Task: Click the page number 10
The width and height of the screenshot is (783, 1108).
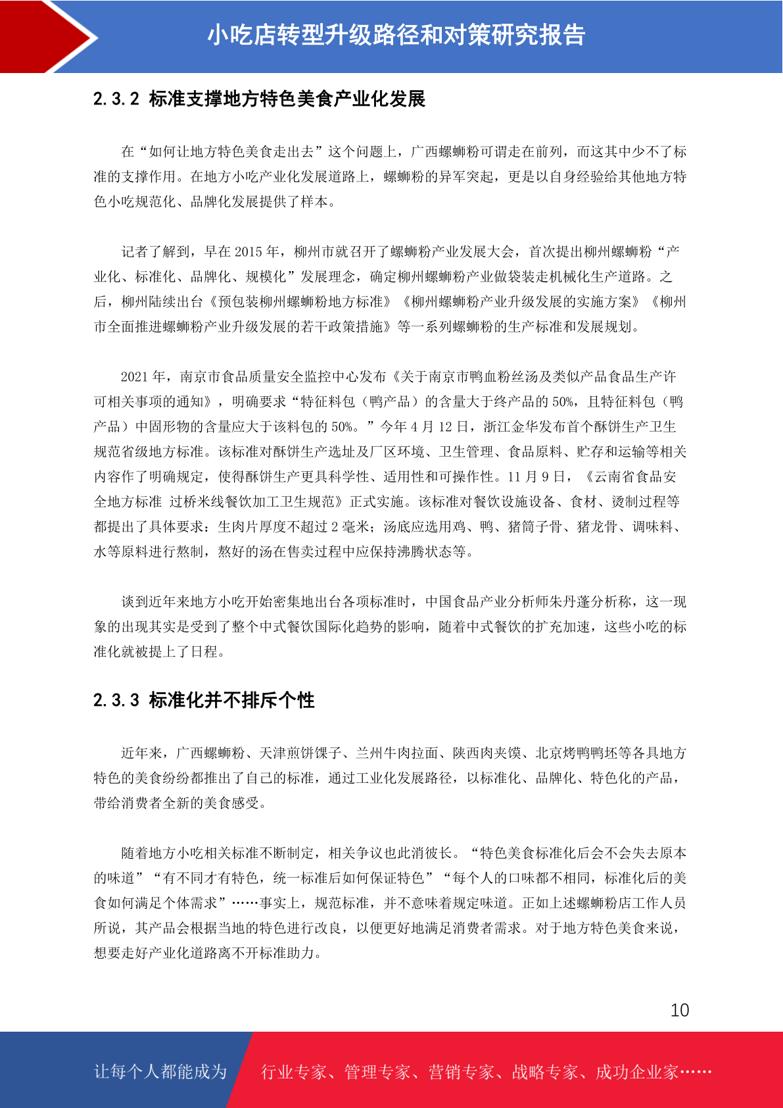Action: (680, 1010)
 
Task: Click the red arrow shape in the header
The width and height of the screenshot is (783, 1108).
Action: (39, 37)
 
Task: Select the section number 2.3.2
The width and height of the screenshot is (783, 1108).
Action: (116, 99)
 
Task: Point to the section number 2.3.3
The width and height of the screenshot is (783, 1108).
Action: (116, 700)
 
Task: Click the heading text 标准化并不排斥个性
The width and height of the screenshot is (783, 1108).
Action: (231, 700)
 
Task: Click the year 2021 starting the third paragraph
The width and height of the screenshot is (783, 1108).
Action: (135, 377)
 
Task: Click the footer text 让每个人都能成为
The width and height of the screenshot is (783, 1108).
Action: (160, 1072)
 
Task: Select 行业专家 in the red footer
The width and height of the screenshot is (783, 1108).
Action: (294, 1072)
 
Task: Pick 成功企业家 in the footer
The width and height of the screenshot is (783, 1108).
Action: (636, 1072)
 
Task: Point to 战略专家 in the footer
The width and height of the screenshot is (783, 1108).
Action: (544, 1072)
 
